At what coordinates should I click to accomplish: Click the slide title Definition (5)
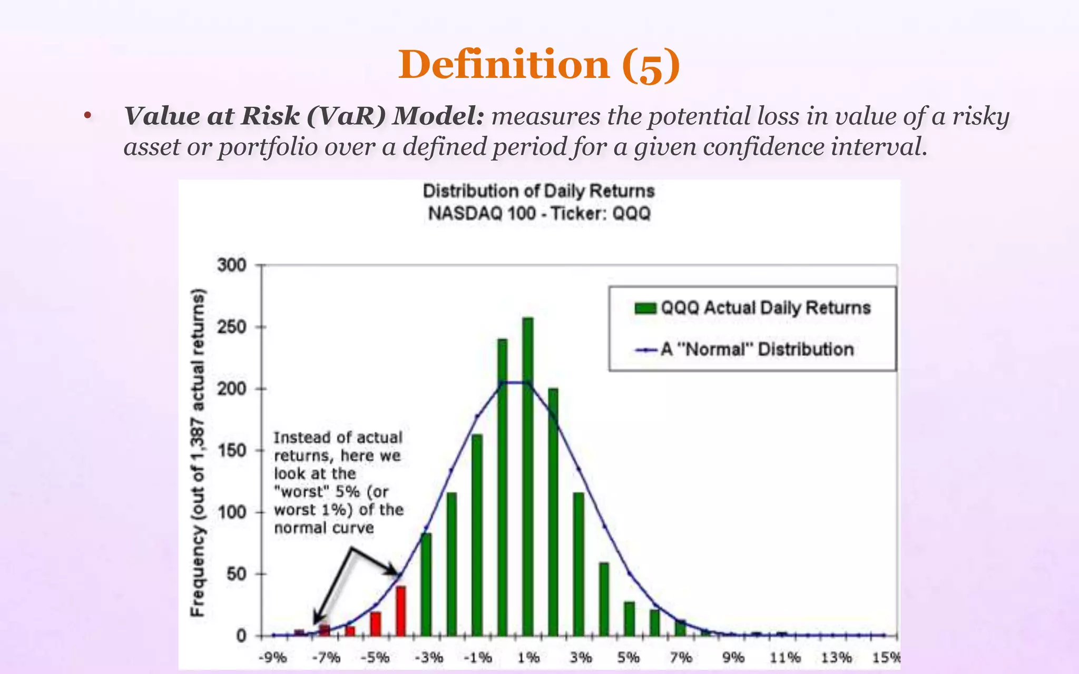click(x=539, y=65)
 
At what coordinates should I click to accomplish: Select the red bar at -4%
click(x=400, y=611)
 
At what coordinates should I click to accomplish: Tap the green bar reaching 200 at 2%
click(x=553, y=511)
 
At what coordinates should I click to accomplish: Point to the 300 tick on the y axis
click(x=232, y=265)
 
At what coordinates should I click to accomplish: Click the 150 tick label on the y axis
click(x=232, y=451)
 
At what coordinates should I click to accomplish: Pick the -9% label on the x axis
click(x=273, y=658)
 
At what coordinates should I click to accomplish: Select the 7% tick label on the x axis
click(x=681, y=658)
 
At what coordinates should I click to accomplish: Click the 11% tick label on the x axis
click(x=784, y=658)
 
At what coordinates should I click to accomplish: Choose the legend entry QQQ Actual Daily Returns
click(x=765, y=308)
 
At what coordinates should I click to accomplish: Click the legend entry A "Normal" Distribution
click(x=757, y=349)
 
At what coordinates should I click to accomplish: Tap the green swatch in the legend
click(x=645, y=308)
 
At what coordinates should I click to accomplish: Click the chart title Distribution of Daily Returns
click(x=538, y=191)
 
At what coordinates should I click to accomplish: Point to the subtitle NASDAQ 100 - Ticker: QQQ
click(x=539, y=214)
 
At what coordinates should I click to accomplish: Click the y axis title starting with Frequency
click(x=198, y=453)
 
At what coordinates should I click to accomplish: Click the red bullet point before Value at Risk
click(x=87, y=116)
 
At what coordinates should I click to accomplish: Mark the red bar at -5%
click(x=375, y=623)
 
